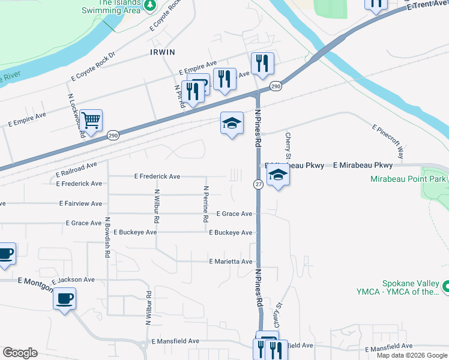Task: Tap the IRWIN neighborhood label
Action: coord(163,53)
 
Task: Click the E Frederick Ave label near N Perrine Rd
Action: coord(157,176)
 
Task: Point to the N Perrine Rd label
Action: coord(205,204)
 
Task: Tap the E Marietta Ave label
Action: coord(231,262)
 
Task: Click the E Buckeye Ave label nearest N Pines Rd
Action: coord(231,232)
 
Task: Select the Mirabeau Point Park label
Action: coord(408,179)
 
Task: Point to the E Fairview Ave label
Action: coord(80,204)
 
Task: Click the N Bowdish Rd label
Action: coord(106,238)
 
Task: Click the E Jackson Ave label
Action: coord(73,280)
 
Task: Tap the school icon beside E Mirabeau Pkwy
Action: coord(278,175)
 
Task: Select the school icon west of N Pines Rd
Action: coord(232,124)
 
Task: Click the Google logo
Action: coord(20,353)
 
